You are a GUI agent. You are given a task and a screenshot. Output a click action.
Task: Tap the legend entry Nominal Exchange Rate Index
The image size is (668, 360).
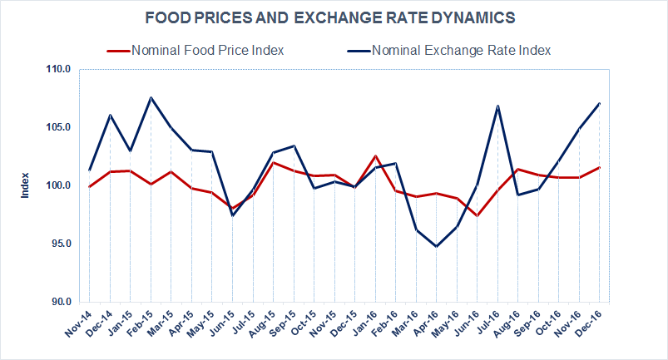(462, 50)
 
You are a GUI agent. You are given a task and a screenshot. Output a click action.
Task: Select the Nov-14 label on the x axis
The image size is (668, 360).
(79, 323)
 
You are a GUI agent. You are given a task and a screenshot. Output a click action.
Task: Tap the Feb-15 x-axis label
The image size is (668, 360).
(141, 323)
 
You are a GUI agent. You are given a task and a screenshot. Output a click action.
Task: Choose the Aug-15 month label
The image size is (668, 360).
(263, 323)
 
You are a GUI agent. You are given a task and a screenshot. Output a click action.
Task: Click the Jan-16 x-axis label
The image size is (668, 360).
(365, 323)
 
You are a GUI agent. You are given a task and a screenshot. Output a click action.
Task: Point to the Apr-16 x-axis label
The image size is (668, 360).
(426, 323)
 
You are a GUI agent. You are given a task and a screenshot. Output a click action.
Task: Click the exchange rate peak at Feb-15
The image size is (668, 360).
(151, 97)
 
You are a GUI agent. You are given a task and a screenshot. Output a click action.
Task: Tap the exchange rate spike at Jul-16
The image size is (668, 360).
(497, 106)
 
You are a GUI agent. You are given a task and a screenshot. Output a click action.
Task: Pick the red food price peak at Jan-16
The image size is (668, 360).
(375, 155)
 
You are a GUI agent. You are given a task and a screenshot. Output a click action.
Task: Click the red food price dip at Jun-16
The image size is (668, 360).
(477, 215)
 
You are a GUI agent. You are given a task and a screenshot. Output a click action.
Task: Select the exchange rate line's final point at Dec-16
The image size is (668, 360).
(600, 103)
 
